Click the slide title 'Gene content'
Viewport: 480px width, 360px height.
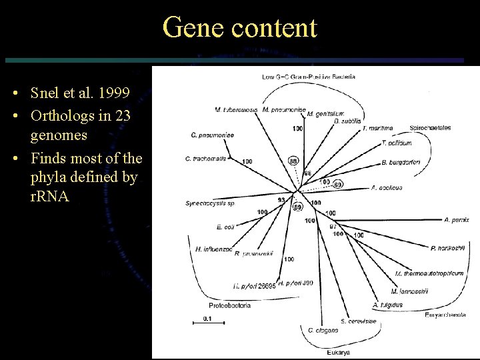pos(240,28)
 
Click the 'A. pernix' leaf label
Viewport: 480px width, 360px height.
pos(457,219)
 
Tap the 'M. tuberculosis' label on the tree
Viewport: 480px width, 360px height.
pos(236,109)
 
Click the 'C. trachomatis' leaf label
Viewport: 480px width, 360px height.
pos(206,159)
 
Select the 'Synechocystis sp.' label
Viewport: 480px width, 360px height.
pos(210,203)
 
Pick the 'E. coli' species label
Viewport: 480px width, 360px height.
pos(225,227)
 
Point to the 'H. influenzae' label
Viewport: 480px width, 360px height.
pos(214,249)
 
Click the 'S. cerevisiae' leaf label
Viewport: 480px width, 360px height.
pos(358,321)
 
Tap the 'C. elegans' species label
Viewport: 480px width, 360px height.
pos(323,331)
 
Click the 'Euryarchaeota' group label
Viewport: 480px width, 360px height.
pos(445,315)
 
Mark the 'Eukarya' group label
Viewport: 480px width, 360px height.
pos(339,352)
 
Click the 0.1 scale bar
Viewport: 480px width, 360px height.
pos(203,322)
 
